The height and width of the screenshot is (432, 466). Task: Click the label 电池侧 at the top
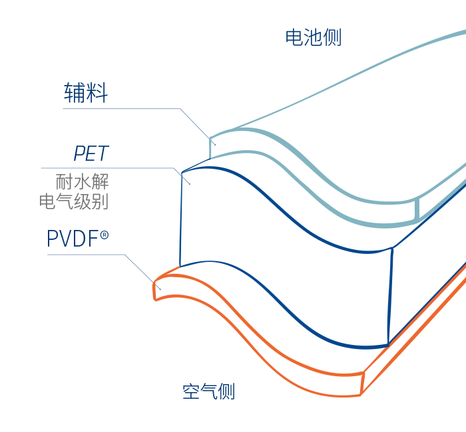(313, 37)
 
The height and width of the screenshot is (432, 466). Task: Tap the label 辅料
(85, 93)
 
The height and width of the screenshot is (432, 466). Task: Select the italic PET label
(91, 154)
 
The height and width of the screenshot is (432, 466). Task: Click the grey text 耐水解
(81, 181)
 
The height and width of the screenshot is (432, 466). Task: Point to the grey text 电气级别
(73, 201)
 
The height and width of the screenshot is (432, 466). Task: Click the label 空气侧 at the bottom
(208, 391)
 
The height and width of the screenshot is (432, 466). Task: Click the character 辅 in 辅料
(74, 93)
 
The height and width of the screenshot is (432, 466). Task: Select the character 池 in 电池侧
(313, 37)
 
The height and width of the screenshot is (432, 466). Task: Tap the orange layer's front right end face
(363, 383)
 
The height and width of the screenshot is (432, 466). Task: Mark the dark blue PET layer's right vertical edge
(391, 296)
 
